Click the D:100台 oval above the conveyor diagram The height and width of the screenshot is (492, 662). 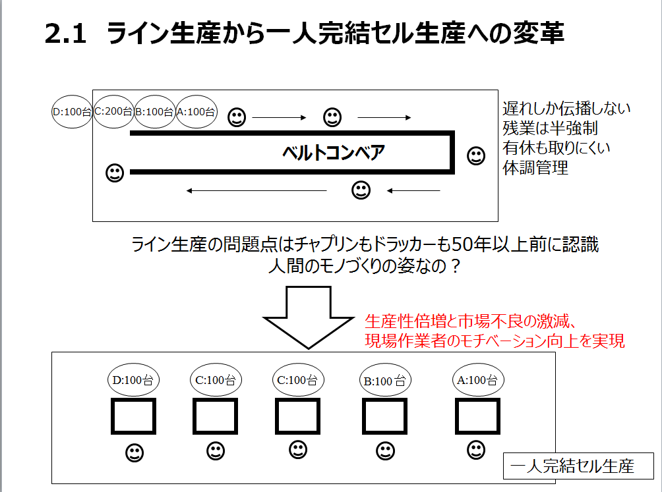click(x=72, y=112)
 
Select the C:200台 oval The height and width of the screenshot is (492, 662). click(x=113, y=111)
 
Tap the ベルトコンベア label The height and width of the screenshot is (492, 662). click(x=334, y=152)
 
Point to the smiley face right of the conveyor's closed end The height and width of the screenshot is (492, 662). click(x=476, y=155)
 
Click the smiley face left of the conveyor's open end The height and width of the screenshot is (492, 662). click(x=115, y=173)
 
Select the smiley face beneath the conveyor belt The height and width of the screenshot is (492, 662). click(x=361, y=190)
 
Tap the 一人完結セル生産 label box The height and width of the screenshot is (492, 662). click(x=578, y=466)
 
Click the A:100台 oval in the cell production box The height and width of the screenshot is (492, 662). click(x=478, y=380)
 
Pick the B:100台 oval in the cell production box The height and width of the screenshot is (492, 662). click(x=385, y=381)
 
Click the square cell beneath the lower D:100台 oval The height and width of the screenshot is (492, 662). click(x=133, y=416)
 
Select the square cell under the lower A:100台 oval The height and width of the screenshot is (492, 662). click(x=477, y=416)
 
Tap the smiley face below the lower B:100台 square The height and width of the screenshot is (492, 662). click(x=385, y=451)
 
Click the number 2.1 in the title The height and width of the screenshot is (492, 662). click(x=65, y=34)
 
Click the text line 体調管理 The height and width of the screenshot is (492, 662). click(x=535, y=168)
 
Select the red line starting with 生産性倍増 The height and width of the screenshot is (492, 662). click(x=470, y=321)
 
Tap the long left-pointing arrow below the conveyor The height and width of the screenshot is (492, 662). click(x=256, y=190)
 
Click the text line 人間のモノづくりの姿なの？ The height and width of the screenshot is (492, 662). click(x=365, y=266)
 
